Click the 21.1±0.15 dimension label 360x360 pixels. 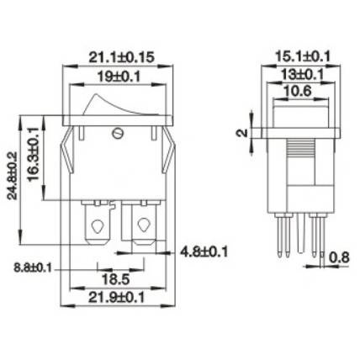pos(121,57)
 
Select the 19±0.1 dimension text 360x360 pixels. pos(119,77)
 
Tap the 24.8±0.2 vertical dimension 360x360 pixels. pos(13,176)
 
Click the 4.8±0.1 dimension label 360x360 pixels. pos(204,251)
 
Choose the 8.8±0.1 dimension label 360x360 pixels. pos(33,268)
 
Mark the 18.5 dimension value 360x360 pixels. pos(115,279)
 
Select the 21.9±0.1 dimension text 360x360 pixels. pos(116,297)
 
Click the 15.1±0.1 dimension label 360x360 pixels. pos(303,56)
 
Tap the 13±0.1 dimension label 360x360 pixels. pos(302,75)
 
